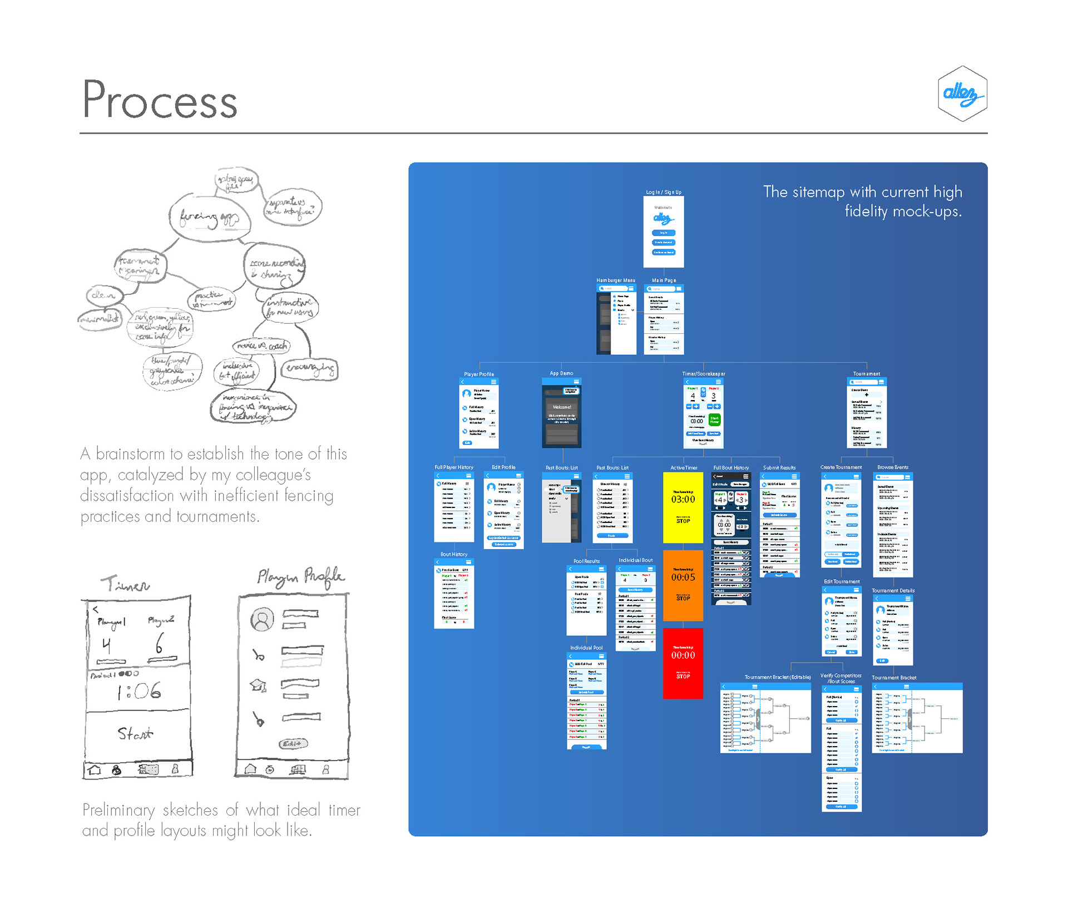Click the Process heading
tap(160, 100)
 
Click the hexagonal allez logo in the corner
tap(962, 93)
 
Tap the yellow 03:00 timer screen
tap(683, 507)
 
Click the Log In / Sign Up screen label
tap(663, 192)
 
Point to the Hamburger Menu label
tap(615, 280)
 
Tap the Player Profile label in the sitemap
tap(478, 374)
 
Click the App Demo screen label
tap(561, 373)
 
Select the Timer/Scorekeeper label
tap(703, 374)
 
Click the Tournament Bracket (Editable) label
tap(777, 677)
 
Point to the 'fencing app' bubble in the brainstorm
tap(209, 219)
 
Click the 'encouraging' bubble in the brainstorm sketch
tap(310, 368)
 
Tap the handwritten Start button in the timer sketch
tap(135, 733)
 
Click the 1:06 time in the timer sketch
tap(139, 692)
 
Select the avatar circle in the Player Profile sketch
tap(262, 619)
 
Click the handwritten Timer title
tap(125, 584)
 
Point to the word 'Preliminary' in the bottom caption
tap(118, 810)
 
